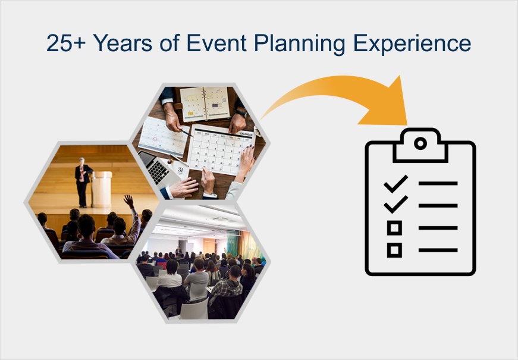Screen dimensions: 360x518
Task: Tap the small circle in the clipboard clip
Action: coord(420,143)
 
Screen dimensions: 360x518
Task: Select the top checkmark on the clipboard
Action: coord(395,183)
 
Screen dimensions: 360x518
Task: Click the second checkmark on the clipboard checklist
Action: coord(395,205)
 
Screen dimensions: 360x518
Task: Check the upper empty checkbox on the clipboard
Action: coord(394,227)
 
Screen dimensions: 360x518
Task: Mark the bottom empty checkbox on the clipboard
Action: coord(394,250)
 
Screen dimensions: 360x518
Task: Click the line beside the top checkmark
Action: coord(438,184)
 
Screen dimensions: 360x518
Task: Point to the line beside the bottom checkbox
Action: coord(438,250)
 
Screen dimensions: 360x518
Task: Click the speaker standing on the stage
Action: coord(82,181)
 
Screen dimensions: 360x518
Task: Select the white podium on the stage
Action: coord(102,189)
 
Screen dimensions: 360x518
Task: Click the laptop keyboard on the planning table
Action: coord(156,169)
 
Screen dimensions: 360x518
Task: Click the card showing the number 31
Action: coord(180,170)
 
